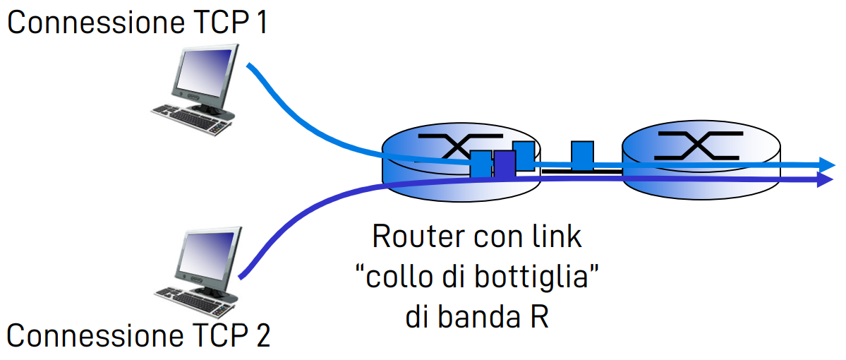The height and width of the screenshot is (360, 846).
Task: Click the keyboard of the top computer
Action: click(191, 116)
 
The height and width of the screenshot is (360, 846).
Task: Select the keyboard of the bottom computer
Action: click(191, 296)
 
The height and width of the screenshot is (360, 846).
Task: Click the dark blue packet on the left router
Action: click(504, 166)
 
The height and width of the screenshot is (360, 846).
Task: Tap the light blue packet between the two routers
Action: click(581, 155)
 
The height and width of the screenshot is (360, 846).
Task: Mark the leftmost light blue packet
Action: click(481, 164)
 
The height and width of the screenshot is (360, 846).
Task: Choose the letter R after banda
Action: click(539, 317)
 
